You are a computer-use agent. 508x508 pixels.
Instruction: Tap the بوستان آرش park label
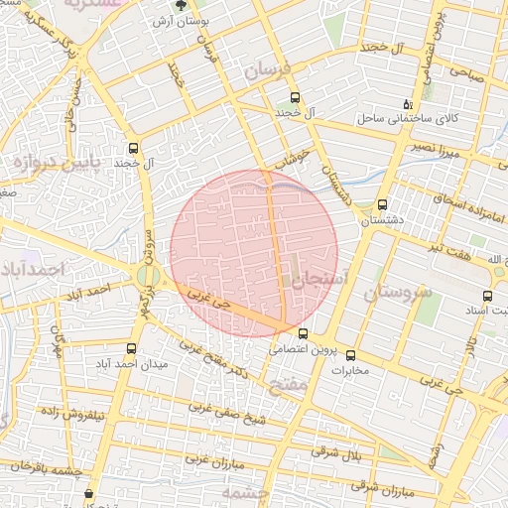[179, 21]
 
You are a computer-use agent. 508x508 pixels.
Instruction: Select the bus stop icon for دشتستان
[383, 205]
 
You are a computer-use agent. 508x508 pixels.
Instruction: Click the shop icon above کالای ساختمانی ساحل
[407, 104]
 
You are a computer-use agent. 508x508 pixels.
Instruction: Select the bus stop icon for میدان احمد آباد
[132, 348]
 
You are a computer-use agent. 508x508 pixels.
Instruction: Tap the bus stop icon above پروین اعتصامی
[303, 333]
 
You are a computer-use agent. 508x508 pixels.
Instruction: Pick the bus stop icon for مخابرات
[349, 355]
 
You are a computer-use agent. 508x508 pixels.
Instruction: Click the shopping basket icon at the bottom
[90, 493]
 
